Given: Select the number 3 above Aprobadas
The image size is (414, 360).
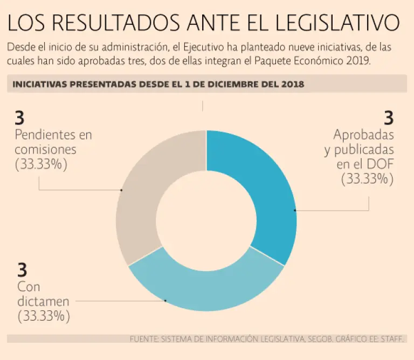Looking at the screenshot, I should click(x=388, y=118).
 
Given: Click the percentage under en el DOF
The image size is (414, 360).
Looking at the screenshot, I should click(x=367, y=179).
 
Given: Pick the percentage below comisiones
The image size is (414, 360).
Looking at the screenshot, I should click(x=42, y=164).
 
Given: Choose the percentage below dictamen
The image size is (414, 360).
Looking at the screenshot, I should click(x=44, y=316).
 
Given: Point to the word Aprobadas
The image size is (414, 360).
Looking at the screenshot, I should click(x=363, y=134).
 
